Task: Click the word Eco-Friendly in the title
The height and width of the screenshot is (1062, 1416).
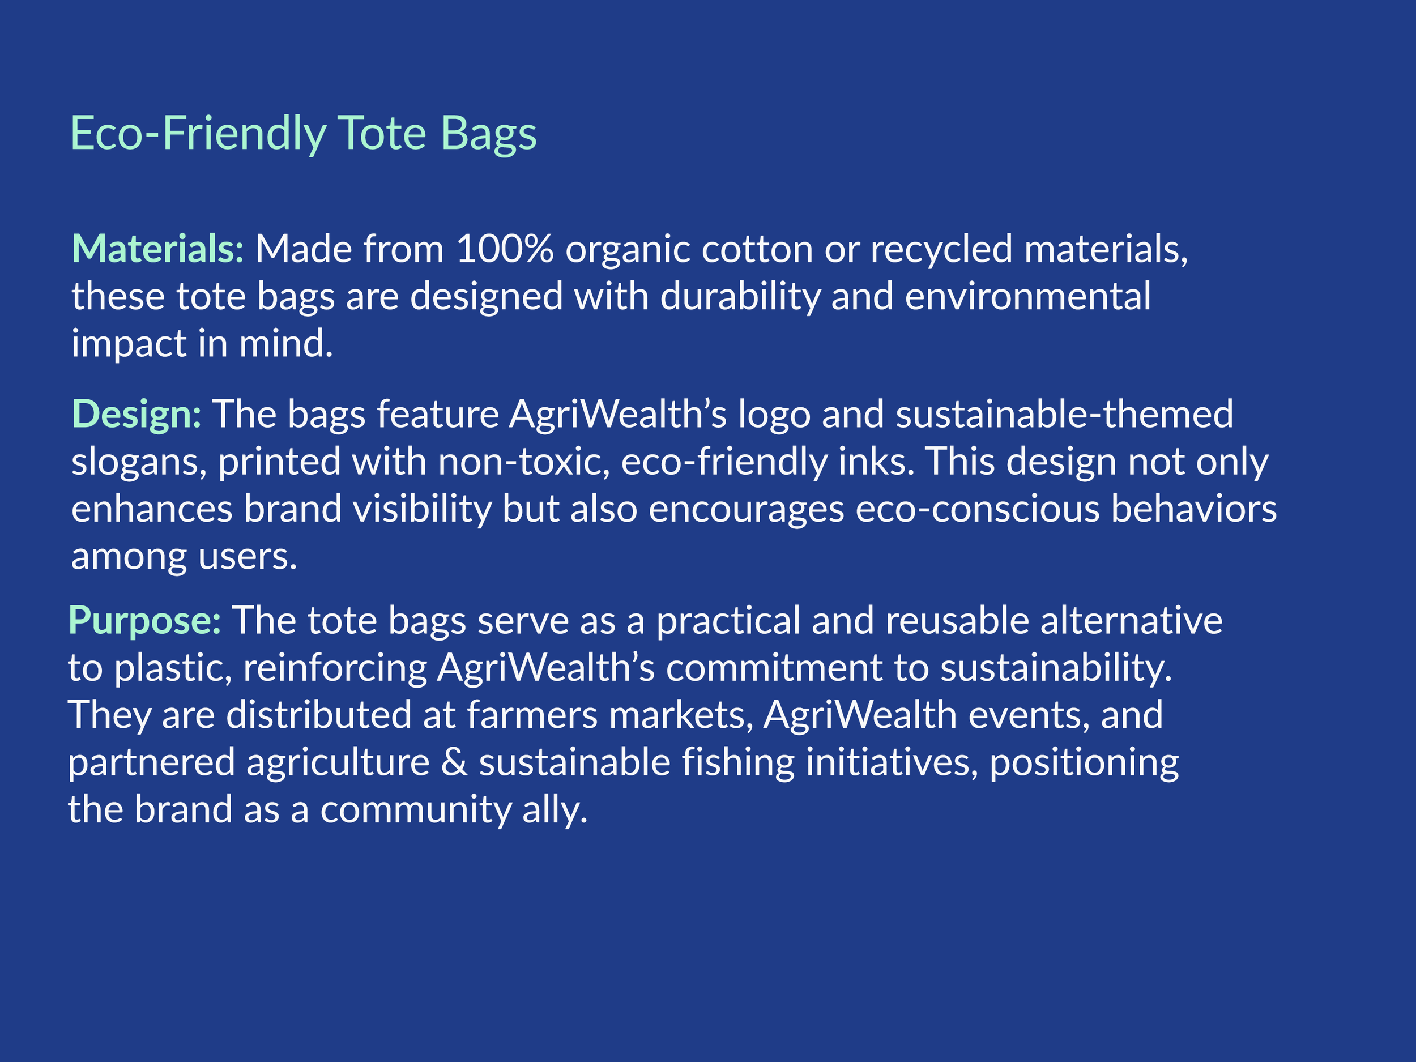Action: [x=198, y=134]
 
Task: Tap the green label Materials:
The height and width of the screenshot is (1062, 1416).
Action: [x=157, y=249]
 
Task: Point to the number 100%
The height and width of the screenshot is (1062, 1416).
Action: [x=505, y=249]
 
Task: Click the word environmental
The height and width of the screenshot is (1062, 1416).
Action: [x=1027, y=297]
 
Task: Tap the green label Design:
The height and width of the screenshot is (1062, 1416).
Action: [x=137, y=414]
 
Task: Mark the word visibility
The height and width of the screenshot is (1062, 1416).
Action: [x=422, y=510]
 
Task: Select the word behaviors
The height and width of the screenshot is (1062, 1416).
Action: [x=1193, y=510]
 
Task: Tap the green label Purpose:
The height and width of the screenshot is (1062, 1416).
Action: [x=144, y=621]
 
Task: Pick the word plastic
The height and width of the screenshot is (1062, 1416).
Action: [x=173, y=668]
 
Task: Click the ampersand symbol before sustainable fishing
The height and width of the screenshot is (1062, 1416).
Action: [x=454, y=762]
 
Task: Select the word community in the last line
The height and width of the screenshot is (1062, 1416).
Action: [x=415, y=810]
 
